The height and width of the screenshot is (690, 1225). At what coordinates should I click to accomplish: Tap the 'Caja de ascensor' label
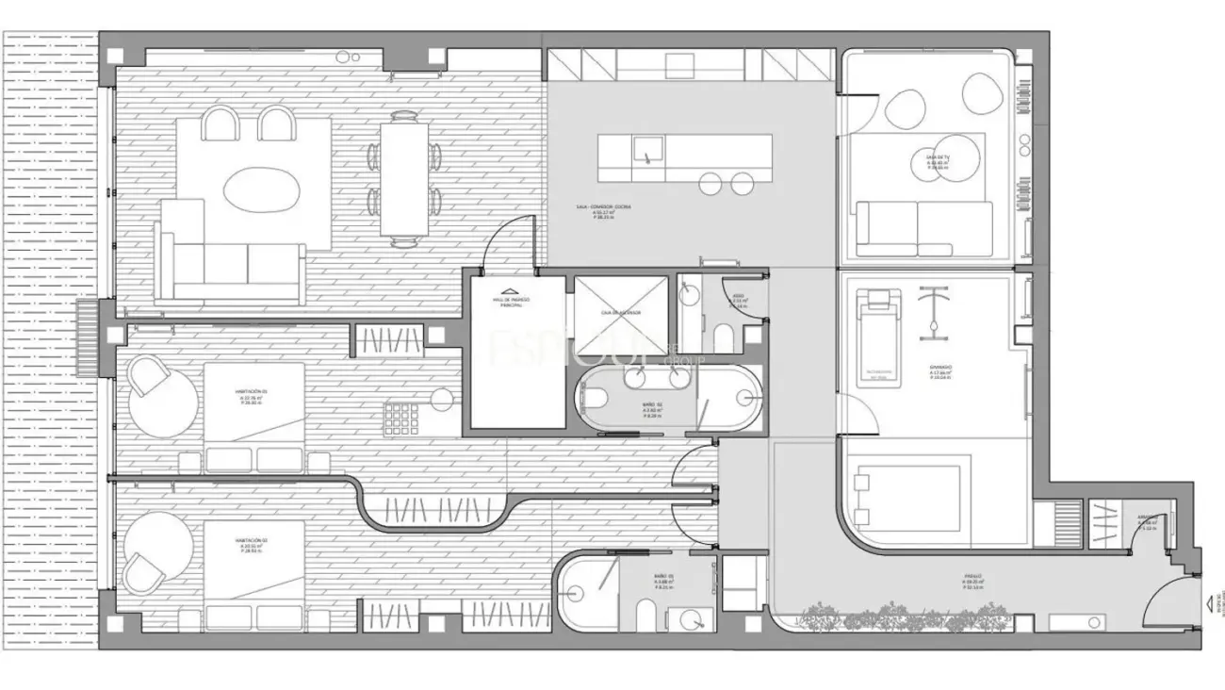click(x=621, y=311)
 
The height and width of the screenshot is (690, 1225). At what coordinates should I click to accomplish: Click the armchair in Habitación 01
click(x=148, y=379)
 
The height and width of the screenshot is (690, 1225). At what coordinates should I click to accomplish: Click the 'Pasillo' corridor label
click(x=972, y=577)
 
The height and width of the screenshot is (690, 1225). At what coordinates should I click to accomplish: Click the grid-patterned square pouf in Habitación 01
click(x=400, y=416)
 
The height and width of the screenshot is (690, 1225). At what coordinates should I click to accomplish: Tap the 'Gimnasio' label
click(x=939, y=370)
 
